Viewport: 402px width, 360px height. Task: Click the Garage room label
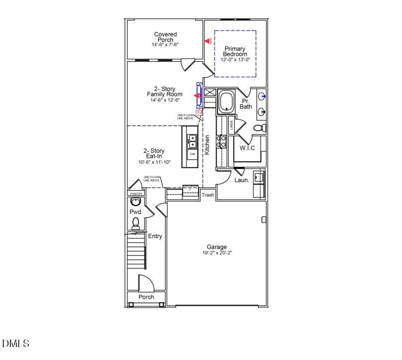coord(217,247)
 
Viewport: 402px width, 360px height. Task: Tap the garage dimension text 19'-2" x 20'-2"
coord(217,253)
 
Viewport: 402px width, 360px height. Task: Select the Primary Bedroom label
coord(235,51)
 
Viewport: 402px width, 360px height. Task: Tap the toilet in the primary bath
coord(260,128)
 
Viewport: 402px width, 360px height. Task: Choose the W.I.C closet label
coord(247,148)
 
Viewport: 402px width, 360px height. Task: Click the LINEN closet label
coord(232,125)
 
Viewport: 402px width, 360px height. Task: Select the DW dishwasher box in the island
coord(192,154)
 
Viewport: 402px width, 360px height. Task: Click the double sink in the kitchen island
coord(192,141)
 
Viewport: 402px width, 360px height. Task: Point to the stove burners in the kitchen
coord(222,141)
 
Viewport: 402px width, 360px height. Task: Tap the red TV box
coord(199,113)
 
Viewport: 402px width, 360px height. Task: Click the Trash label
coord(208,195)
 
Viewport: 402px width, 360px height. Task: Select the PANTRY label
coord(136,194)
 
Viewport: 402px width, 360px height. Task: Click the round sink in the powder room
coord(135,202)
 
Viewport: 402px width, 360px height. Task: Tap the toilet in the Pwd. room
coord(135,224)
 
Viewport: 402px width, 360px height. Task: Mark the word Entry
coord(155,236)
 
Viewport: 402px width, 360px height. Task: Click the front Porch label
coord(146,297)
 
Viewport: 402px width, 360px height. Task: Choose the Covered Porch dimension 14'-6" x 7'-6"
coord(165,45)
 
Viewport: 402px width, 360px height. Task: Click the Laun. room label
coord(242,180)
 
